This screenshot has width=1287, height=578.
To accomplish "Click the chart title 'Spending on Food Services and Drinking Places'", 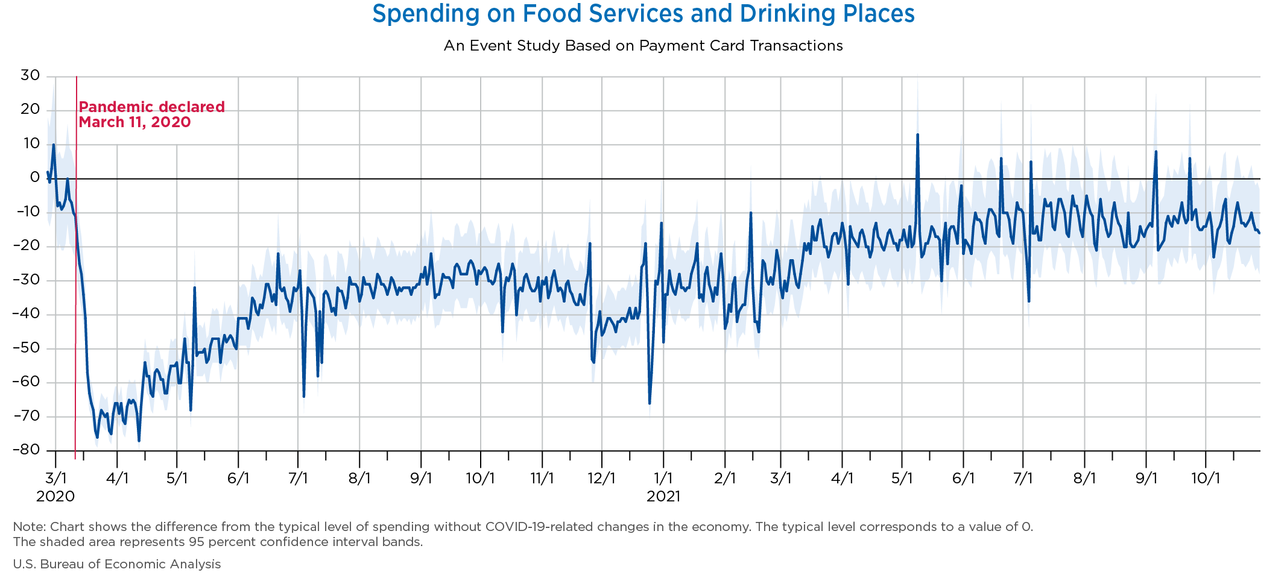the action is [643, 14].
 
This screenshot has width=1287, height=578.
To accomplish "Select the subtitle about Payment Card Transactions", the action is [643, 46].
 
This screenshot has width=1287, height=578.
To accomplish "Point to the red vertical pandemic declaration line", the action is [75, 268].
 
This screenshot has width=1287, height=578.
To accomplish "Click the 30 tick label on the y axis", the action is [30, 75].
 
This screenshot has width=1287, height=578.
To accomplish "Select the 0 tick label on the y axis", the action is [35, 178].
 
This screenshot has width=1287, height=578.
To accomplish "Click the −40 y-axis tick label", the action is [27, 314].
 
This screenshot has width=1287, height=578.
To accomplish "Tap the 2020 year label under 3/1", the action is [55, 497].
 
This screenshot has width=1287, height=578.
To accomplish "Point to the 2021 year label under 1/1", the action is [663, 497].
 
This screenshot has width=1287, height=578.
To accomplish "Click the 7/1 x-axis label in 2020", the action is [299, 479].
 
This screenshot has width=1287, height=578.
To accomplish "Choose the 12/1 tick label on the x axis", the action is [601, 479].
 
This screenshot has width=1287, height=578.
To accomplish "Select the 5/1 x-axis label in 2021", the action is [902, 479].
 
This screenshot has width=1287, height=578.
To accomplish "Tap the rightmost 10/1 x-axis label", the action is [1206, 479].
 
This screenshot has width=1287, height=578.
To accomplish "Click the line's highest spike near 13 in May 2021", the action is [917, 134].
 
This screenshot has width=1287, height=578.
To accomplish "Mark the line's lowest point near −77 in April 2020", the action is [139, 441].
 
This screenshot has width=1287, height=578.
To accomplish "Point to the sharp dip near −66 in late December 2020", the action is [650, 403].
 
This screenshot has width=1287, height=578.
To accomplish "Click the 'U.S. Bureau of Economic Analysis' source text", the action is [117, 564].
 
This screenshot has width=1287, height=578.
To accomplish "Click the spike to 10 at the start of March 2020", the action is [54, 145].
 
